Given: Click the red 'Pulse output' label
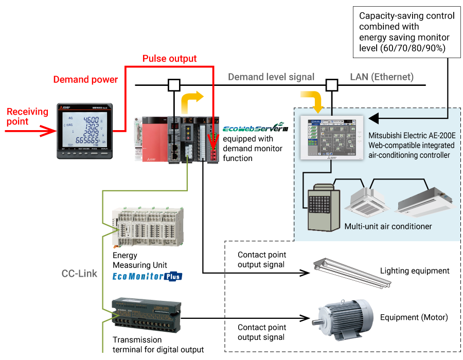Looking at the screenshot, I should pos(169,59).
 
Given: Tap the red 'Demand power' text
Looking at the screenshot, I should pos(85,80).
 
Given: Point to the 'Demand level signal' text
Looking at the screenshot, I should pos(271,77).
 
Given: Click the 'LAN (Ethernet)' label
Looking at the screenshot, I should pos(382,77).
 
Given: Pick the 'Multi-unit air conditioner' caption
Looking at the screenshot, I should pos(388,226).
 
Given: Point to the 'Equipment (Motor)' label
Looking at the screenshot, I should pos(414,317).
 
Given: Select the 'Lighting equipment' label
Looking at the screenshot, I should pos(415,271).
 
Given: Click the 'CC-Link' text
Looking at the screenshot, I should pos(79,274).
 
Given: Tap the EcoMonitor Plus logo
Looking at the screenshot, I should pos(147,276).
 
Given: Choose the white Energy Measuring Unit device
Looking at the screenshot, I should pos(148,227).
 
